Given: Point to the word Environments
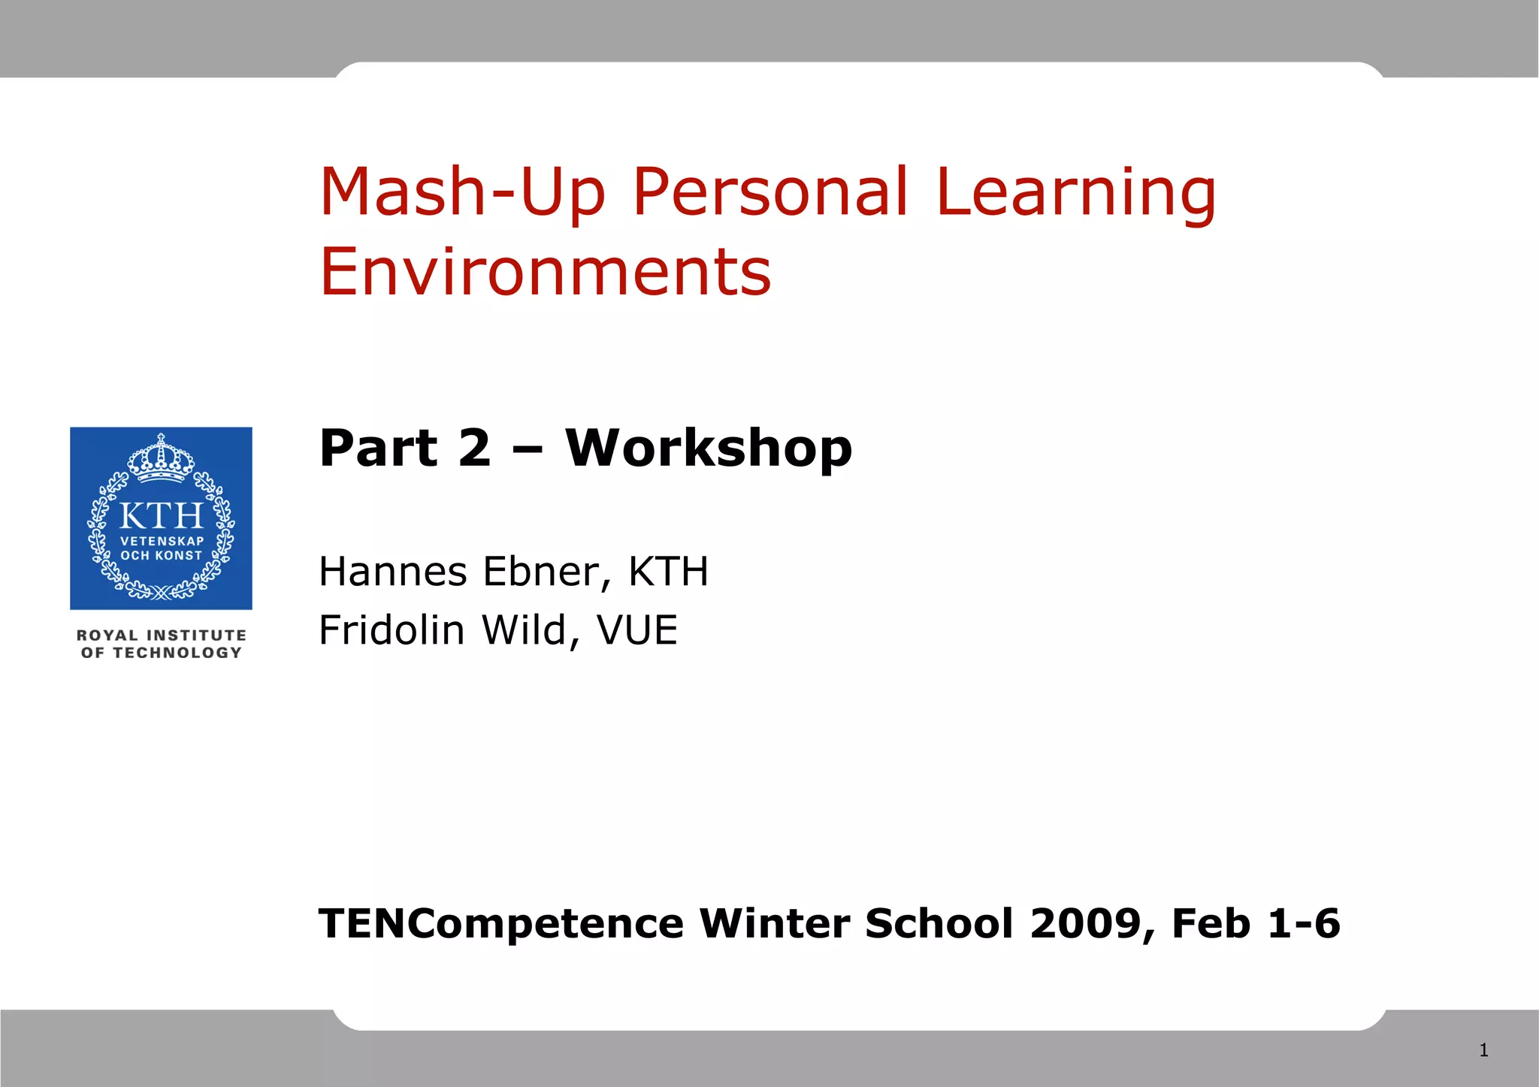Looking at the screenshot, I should coord(546,272).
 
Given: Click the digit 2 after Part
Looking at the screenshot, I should coord(474,448).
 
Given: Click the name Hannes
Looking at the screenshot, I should coord(393,572).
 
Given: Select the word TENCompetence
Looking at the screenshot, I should coord(501,923).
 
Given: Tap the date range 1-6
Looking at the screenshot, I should coord(1303,923).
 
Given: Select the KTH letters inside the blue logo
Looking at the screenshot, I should coord(161,516).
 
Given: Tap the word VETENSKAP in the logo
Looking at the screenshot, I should coord(162,541).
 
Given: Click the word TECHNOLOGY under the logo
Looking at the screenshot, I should coord(177,653).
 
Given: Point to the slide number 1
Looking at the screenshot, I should coord(1483,1050).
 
